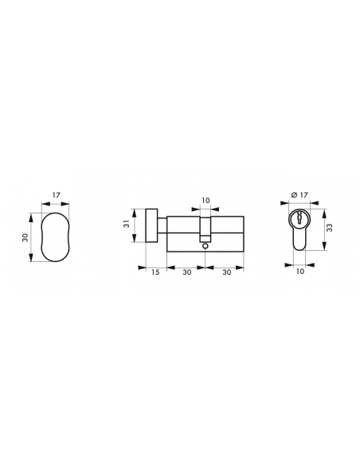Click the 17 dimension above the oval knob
coord(57,195)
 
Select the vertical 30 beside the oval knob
coord(25,237)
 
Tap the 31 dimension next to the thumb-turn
coord(127,224)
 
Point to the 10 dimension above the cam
coord(205,201)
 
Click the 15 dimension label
coord(155,272)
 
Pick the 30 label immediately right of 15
coord(187,272)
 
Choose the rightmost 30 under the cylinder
coord(227,272)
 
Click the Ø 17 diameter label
coord(299,195)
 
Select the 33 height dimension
coord(330,228)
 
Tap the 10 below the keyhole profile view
coord(300,271)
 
